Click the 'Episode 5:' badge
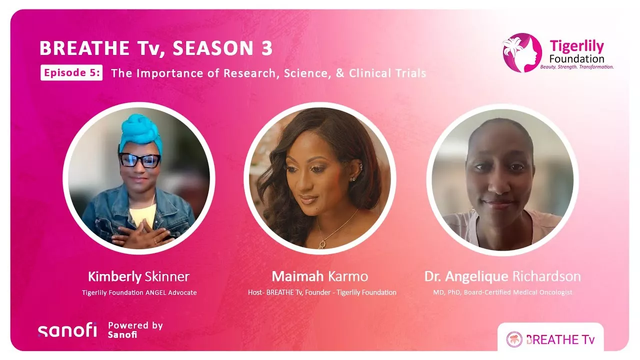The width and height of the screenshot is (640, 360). coord(71,73)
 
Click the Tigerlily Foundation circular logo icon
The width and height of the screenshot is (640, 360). coord(522,52)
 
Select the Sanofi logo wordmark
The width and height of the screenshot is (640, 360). coord(67,331)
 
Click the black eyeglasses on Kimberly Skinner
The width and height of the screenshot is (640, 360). coord(139,160)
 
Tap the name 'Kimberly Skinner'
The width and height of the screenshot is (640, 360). coord(139,276)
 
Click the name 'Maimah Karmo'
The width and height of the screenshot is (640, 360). coord(320,276)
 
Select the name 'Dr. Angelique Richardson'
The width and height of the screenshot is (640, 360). coord(502,276)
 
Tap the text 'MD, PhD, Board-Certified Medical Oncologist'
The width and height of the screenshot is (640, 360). coord(502,292)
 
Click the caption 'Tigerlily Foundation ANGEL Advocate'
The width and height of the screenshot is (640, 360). coord(139,292)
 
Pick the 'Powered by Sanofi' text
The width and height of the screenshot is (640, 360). coord(135,330)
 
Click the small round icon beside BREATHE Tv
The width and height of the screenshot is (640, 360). coord(514,339)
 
